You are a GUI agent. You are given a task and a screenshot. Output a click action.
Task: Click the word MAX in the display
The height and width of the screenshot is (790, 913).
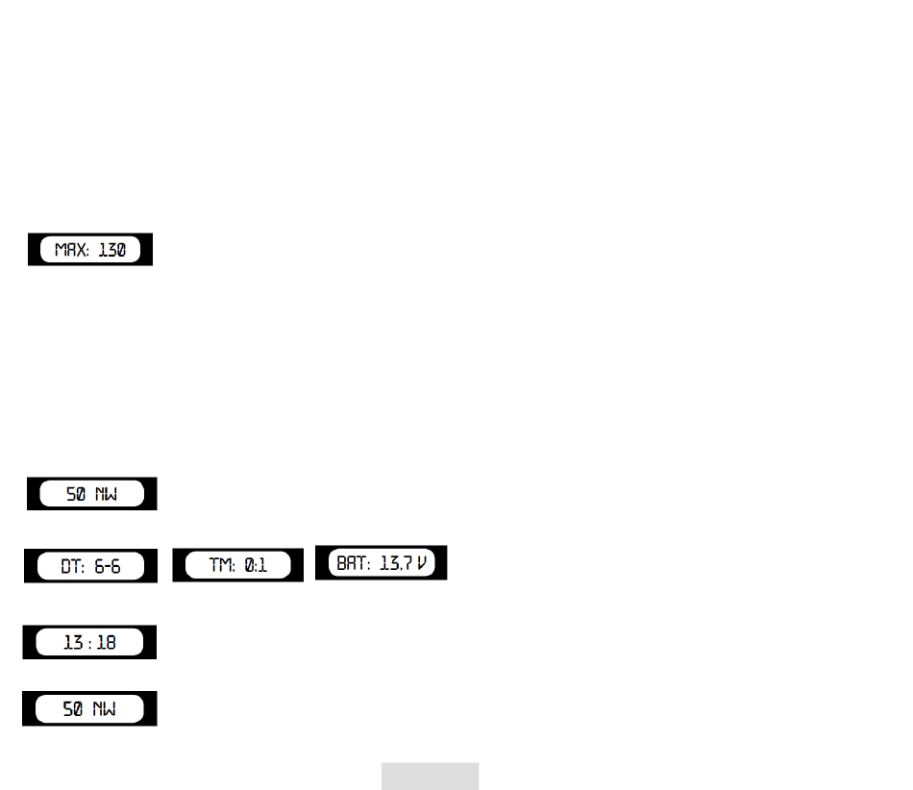68,251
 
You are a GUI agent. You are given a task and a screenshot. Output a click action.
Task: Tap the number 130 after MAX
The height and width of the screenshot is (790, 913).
111,251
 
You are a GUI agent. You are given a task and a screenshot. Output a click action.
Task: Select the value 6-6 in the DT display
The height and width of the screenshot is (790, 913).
108,566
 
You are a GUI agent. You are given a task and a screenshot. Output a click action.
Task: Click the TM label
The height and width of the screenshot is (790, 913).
219,566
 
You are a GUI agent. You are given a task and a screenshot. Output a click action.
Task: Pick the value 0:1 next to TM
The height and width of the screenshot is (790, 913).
255,566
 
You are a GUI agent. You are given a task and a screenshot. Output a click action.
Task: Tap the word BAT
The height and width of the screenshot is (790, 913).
350,562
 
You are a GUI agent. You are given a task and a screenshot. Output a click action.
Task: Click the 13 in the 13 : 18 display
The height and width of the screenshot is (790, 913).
73,642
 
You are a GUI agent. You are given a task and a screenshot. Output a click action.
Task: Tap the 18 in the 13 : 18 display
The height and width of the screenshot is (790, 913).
106,642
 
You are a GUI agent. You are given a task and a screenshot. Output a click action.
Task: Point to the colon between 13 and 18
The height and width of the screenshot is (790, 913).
89,642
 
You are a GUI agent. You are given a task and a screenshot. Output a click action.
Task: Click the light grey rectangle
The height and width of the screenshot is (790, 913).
430,777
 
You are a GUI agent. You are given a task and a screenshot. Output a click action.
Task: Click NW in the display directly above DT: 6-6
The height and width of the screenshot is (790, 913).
106,494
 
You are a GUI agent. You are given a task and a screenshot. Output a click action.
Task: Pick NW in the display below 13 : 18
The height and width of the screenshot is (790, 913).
106,710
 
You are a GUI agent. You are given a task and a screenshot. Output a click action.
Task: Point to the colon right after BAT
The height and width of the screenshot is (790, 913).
368,563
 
